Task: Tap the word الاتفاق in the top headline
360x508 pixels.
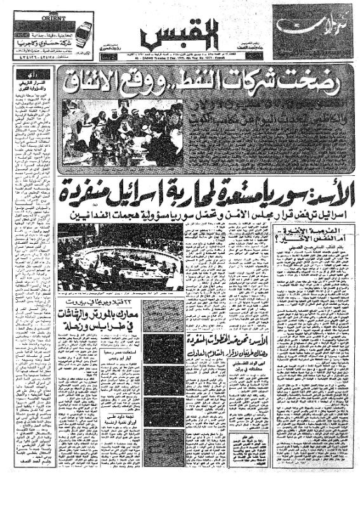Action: [100, 82]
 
